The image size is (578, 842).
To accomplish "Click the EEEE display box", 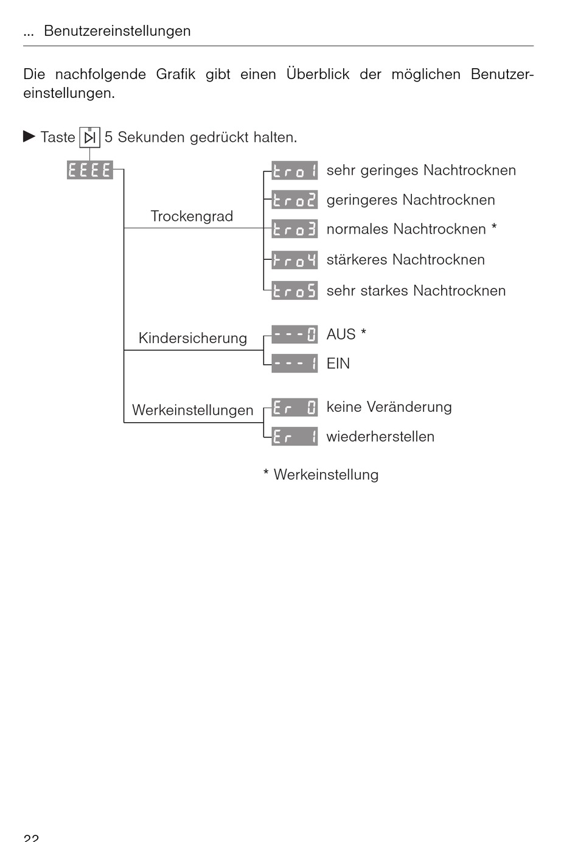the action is coord(90,170).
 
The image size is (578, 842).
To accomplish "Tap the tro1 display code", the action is coord(294,171).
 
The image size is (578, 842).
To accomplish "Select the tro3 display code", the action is coord(294,229).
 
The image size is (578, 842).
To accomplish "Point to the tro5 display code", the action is coord(294,290).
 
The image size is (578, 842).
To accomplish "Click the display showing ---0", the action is coord(294,334).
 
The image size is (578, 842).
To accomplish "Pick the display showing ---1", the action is coord(294,363).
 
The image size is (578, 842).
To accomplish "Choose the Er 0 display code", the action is coord(294,407).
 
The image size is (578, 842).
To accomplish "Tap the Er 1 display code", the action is coord(294,436).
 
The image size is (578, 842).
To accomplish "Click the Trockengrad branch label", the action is coord(192,217).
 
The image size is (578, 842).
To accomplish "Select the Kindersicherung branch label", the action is coord(192,338).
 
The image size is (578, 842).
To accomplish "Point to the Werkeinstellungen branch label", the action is coord(192,411).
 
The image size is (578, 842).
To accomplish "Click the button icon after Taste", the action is coord(89,137).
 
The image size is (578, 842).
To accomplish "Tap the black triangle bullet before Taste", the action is coord(29,136).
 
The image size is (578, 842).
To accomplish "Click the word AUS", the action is coord(341,335).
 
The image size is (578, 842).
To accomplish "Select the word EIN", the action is coord(338,364).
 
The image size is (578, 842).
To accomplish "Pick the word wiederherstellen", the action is coord(380,437).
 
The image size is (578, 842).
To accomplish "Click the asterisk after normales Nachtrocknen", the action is coord(494,228).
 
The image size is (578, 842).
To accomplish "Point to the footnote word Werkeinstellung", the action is coord(326,475).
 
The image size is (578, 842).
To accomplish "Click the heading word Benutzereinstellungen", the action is coord(117,31).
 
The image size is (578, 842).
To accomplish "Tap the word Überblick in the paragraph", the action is coord(318,74).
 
